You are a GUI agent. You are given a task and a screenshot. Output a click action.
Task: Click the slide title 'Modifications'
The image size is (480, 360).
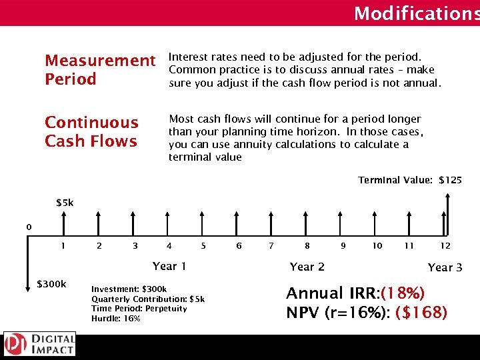click(416, 13)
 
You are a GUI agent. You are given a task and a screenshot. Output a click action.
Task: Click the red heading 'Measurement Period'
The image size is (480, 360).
click(99, 70)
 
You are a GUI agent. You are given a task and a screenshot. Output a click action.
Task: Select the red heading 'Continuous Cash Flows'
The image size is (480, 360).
click(91, 131)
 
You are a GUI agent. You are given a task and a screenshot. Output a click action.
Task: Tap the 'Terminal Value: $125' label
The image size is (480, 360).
click(409, 180)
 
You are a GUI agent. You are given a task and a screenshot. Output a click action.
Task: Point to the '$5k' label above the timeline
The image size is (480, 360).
click(65, 203)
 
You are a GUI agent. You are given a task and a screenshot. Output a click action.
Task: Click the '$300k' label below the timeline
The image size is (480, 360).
click(51, 285)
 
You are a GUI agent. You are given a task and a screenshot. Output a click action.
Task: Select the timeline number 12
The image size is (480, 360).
click(445, 246)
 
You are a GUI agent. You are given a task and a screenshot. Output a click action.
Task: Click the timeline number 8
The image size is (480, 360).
click(307, 246)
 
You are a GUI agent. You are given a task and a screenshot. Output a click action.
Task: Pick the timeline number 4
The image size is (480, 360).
click(169, 246)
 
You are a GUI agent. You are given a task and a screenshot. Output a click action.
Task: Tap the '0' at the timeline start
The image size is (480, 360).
click(29, 227)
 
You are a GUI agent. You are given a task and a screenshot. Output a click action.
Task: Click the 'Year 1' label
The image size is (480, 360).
click(169, 266)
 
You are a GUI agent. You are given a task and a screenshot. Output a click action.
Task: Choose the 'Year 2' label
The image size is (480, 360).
click(307, 267)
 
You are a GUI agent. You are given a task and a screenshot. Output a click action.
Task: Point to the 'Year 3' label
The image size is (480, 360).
click(445, 267)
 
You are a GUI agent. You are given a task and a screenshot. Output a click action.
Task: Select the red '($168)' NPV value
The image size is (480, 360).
click(421, 313)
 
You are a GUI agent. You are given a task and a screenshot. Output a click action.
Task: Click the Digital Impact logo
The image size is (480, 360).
click(39, 344)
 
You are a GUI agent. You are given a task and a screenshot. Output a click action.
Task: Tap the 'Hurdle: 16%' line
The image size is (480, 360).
click(116, 319)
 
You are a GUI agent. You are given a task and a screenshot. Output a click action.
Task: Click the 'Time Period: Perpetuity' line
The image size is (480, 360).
click(139, 309)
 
